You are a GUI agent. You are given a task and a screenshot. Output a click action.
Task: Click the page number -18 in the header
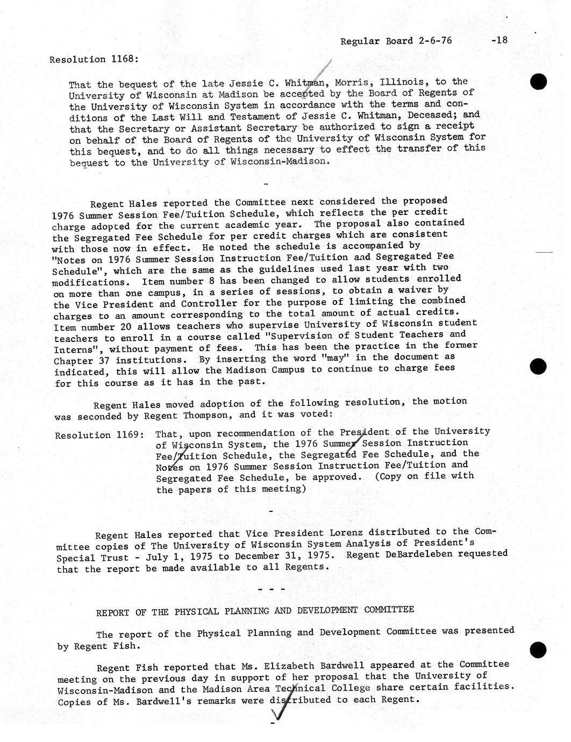(499, 40)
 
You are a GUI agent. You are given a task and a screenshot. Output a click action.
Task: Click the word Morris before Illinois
(353, 83)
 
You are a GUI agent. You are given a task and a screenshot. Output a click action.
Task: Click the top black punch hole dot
(538, 82)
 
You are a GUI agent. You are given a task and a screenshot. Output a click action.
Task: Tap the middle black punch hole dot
(538, 366)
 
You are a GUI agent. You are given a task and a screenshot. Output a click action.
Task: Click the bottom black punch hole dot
(538, 650)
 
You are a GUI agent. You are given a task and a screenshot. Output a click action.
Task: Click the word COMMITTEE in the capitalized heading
(389, 610)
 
